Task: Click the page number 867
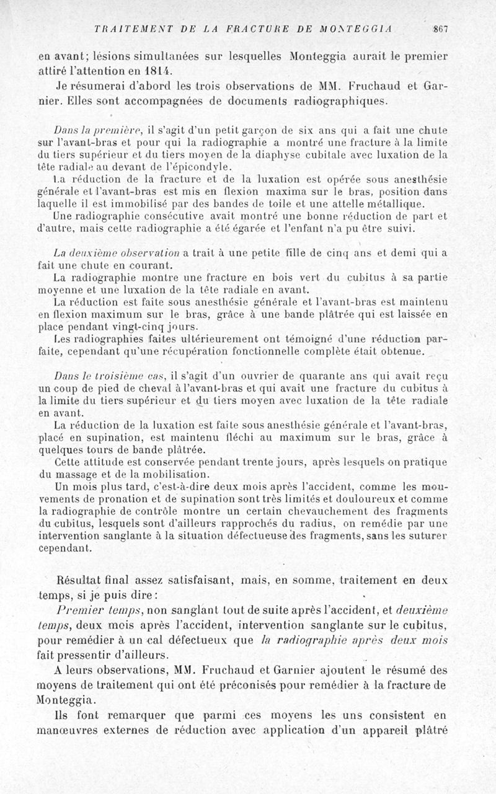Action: [x=441, y=29]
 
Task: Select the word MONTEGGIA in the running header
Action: [x=363, y=29]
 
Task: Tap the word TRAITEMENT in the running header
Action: [x=122, y=29]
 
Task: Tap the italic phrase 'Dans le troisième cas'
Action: [x=107, y=376]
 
